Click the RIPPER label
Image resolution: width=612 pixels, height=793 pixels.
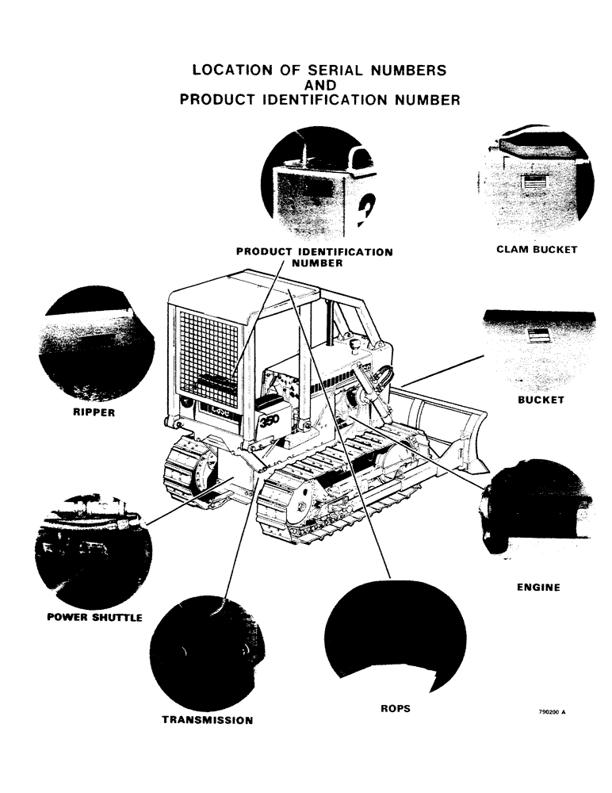click(94, 412)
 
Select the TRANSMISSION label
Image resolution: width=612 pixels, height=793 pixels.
click(207, 720)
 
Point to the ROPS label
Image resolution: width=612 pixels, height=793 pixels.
click(396, 708)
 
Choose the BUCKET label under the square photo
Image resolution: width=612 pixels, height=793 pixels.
click(541, 400)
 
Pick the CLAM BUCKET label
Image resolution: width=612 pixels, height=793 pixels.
click(537, 250)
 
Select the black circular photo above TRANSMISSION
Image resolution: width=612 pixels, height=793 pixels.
click(207, 654)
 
